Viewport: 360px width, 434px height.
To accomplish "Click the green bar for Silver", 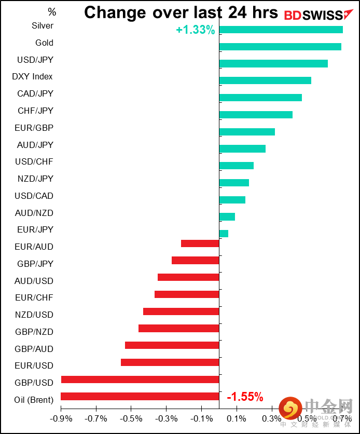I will point(281,30).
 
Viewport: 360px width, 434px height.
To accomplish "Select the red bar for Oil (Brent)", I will point(140,396).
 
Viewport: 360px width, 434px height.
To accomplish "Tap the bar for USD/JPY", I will point(273,63).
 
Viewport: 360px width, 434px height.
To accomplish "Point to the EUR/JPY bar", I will point(224,234).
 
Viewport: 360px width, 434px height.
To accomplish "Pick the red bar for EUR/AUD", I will point(200,243).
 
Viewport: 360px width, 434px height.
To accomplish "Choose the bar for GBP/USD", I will point(140,379).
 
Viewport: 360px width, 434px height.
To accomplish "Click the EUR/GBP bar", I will point(247,132).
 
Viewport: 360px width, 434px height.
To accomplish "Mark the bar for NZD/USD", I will point(181,311).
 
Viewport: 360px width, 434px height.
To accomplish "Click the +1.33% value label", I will point(195,30).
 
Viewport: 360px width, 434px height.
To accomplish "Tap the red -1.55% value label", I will point(245,397).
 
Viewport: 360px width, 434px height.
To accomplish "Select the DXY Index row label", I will point(32,77).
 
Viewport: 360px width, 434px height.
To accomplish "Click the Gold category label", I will point(44,43).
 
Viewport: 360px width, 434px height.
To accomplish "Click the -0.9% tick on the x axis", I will point(61,418).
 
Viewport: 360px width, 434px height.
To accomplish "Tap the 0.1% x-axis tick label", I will point(237,418).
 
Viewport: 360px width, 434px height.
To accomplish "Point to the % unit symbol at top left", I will point(52,11).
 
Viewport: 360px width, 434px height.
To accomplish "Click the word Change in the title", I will point(115,12).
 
